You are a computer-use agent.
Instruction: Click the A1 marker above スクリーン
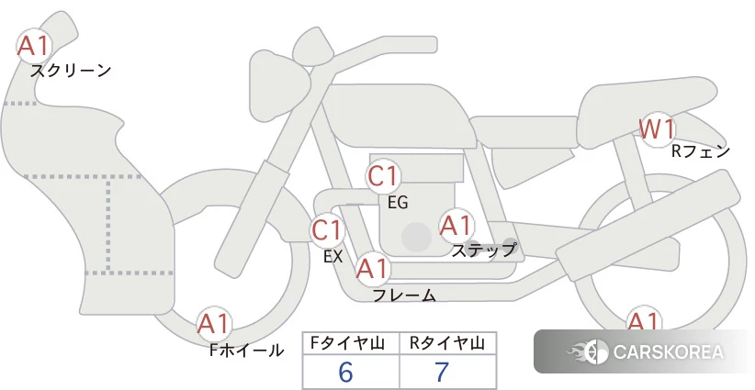pyautogui.click(x=34, y=46)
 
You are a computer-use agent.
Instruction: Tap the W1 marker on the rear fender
pyautogui.click(x=657, y=129)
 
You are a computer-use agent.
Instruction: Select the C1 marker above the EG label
pyautogui.click(x=383, y=176)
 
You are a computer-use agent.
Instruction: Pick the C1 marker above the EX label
pyautogui.click(x=327, y=230)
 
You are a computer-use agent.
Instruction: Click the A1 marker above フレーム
pyautogui.click(x=373, y=268)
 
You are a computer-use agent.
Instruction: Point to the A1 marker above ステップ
pyautogui.click(x=456, y=226)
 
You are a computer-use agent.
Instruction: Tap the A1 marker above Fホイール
pyautogui.click(x=214, y=324)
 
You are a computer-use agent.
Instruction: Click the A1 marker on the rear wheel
pyautogui.click(x=643, y=321)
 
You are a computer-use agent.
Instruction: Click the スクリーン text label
pyautogui.click(x=71, y=72)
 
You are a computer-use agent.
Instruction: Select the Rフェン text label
pyautogui.click(x=701, y=151)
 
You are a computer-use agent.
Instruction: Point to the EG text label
pyautogui.click(x=399, y=203)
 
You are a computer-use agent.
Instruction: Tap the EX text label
pyautogui.click(x=333, y=257)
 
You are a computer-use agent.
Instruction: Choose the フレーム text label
pyautogui.click(x=405, y=295)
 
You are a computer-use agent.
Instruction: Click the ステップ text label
pyautogui.click(x=483, y=251)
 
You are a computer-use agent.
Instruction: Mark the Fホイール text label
pyautogui.click(x=246, y=351)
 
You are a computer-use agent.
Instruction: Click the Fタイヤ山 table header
pyautogui.click(x=347, y=343)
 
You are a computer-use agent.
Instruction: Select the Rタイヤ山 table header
pyautogui.click(x=447, y=343)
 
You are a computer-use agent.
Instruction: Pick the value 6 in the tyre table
pyautogui.click(x=345, y=372)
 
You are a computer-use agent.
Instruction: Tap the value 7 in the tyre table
pyautogui.click(x=442, y=372)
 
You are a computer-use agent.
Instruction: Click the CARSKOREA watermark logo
pyautogui.click(x=645, y=351)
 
